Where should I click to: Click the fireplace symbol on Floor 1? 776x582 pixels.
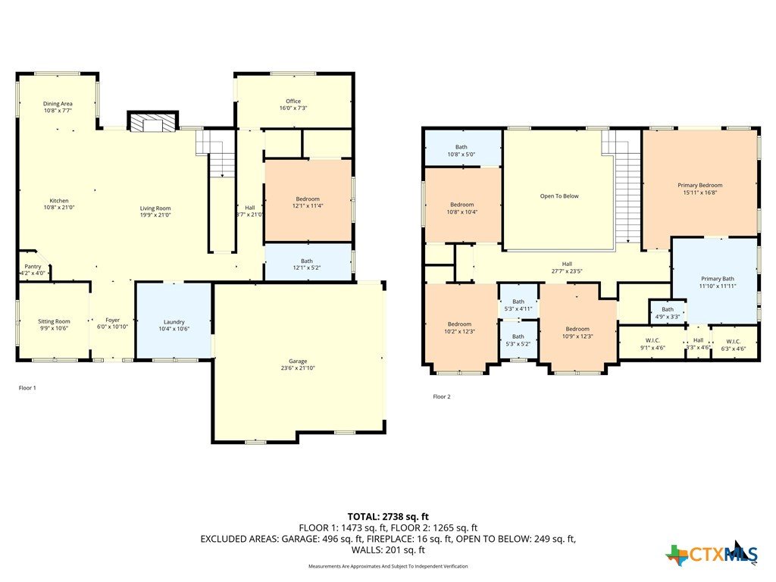[153, 121]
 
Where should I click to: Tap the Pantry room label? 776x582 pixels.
[33, 267]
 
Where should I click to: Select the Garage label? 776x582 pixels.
[298, 361]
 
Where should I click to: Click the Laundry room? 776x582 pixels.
[174, 320]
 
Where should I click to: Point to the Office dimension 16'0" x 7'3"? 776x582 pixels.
[293, 108]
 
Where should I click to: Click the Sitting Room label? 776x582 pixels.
[54, 321]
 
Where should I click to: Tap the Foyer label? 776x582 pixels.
[112, 321]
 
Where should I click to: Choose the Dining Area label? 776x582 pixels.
[58, 104]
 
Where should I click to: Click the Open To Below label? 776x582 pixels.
[559, 196]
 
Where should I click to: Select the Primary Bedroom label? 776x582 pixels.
[699, 185]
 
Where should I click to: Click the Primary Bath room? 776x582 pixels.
[715, 280]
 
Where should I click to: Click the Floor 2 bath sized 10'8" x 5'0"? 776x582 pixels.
[463, 148]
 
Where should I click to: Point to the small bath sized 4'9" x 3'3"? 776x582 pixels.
[667, 311]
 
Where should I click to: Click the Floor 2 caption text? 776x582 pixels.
[442, 396]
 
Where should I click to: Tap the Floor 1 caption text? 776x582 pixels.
[27, 388]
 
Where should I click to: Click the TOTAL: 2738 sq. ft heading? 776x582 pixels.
[388, 517]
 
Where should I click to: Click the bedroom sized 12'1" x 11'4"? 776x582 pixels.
[308, 200]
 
